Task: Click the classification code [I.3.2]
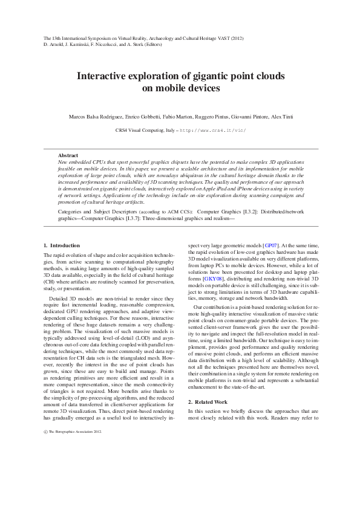point(250,212)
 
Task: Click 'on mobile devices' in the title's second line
point(180,88)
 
